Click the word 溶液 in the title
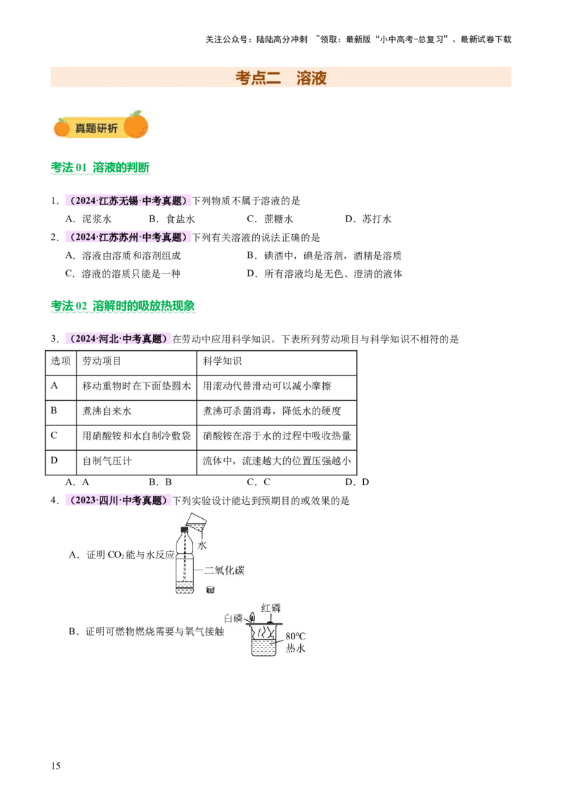pyautogui.click(x=311, y=78)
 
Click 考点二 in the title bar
pyautogui.click(x=258, y=78)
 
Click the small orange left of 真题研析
pyautogui.click(x=62, y=127)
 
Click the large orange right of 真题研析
pyautogui.click(x=136, y=125)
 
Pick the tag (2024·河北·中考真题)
pyautogui.click(x=117, y=339)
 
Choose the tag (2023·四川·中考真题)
pyautogui.click(x=117, y=500)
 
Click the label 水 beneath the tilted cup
pyautogui.click(x=202, y=546)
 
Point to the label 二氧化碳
pyautogui.click(x=224, y=570)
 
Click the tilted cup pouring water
pyautogui.click(x=196, y=521)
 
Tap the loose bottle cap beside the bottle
pyautogui.click(x=210, y=589)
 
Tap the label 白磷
pyautogui.click(x=233, y=619)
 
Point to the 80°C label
pyautogui.click(x=296, y=636)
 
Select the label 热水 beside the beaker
pyautogui.click(x=296, y=648)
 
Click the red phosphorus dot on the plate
pyautogui.click(x=269, y=622)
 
